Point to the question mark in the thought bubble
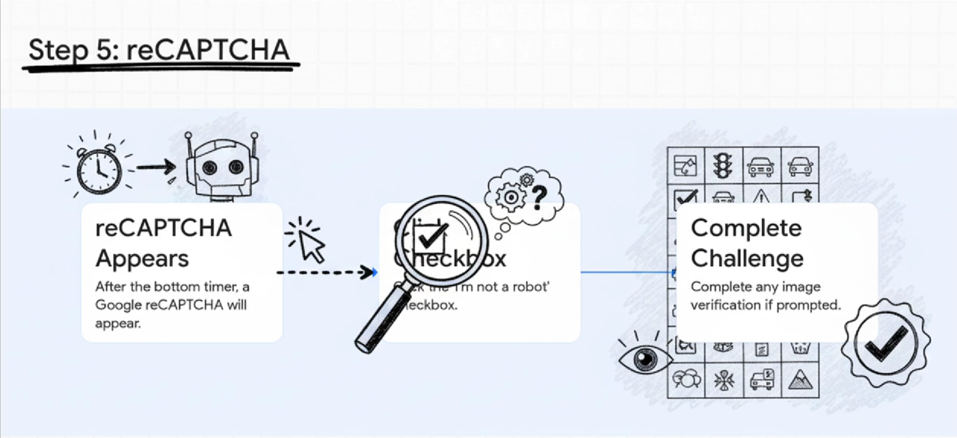coord(539,196)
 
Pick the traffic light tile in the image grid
coord(722,164)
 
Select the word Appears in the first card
coord(142,259)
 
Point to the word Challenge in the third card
coord(747,259)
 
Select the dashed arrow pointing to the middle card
coord(326,272)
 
